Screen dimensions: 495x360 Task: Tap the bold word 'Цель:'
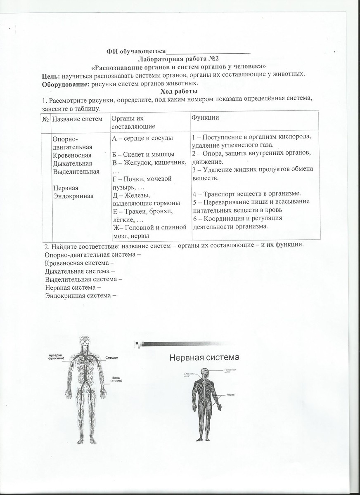(51, 75)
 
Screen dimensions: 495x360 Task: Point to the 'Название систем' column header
(77, 119)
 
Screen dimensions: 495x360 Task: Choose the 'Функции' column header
(205, 118)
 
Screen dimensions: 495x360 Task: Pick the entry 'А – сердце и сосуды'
(142, 138)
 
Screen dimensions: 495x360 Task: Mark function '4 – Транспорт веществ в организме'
(246, 193)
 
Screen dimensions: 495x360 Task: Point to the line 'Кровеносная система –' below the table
(79, 263)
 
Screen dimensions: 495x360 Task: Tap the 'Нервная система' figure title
(204, 357)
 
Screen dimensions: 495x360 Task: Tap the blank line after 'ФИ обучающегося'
(208, 52)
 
